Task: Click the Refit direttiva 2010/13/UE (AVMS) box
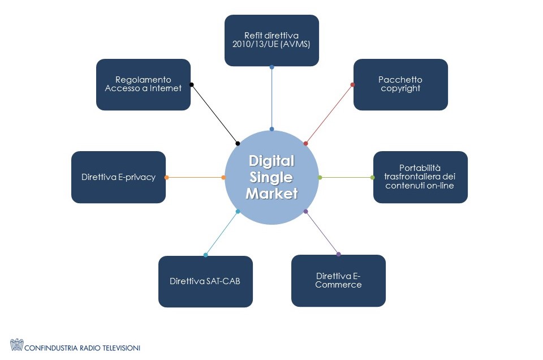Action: point(271,40)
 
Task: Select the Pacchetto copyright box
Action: point(400,84)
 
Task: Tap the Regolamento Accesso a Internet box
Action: point(143,84)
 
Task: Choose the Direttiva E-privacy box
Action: point(118,177)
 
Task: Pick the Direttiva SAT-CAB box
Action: point(205,281)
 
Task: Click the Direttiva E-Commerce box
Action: point(338,280)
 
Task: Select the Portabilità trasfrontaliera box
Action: point(420,177)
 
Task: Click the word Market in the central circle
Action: point(271,194)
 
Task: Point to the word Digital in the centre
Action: point(271,161)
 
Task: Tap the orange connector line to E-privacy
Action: point(195,178)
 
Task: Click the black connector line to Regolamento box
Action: point(214,114)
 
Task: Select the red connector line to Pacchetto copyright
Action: point(329,114)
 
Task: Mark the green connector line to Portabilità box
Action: point(346,178)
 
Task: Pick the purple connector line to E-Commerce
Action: point(322,233)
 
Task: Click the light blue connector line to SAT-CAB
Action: point(222,233)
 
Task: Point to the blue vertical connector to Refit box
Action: point(271,98)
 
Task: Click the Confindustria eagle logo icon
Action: point(17,345)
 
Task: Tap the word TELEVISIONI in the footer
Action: point(119,348)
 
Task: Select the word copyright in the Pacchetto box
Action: point(400,89)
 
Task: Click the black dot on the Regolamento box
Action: point(191,85)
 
